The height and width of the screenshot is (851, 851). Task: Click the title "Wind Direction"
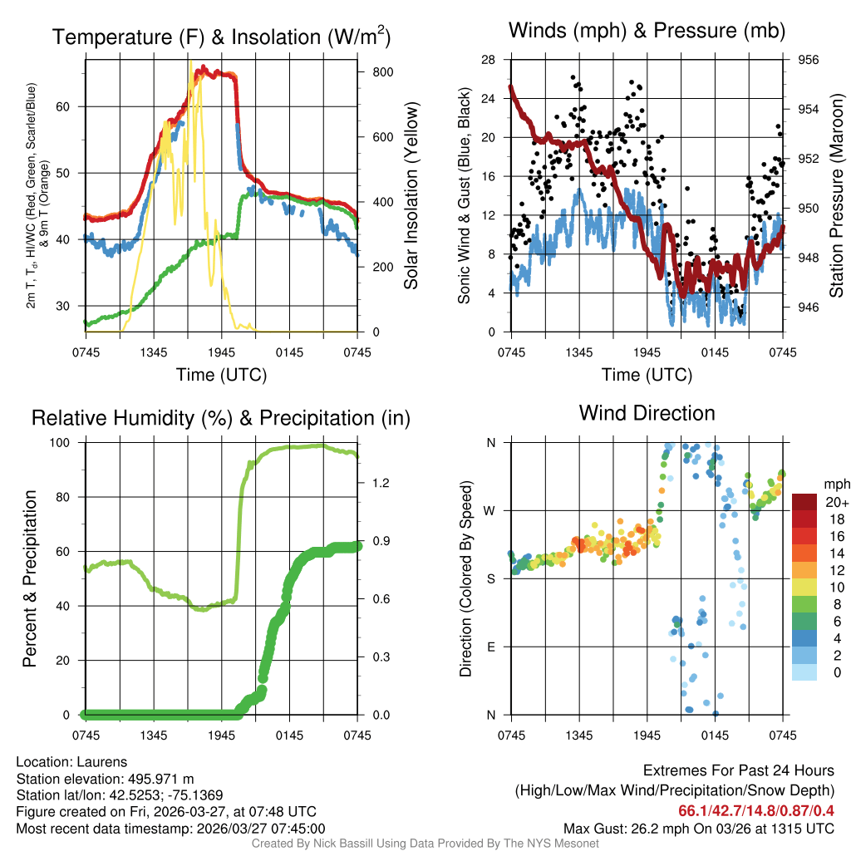tap(647, 413)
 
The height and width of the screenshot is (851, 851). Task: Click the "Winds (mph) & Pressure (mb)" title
tap(647, 32)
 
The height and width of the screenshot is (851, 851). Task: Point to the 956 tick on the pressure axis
tap(809, 60)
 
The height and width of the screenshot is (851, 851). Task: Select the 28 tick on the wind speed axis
tap(488, 60)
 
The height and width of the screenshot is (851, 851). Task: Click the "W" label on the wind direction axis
tap(490, 510)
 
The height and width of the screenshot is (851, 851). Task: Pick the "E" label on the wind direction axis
tap(490, 647)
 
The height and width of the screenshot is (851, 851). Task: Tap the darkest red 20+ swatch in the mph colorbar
tap(804, 503)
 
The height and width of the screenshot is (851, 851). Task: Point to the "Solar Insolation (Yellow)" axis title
tap(411, 195)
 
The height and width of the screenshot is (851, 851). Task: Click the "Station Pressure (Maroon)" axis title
tap(837, 195)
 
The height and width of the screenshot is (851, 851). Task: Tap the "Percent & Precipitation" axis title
tap(30, 578)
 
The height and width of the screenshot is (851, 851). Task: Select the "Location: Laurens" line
tap(71, 762)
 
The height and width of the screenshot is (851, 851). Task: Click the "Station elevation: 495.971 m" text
tap(105, 779)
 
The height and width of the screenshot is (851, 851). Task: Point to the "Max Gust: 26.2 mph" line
tap(699, 828)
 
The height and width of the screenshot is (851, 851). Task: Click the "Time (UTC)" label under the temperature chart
tap(221, 375)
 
